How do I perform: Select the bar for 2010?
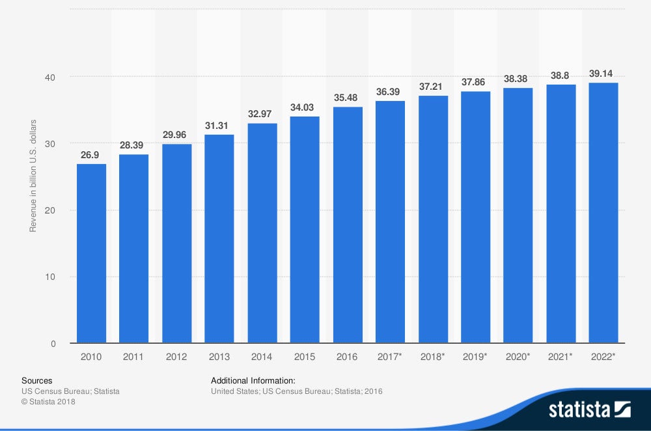tap(91, 253)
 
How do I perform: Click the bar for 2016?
tap(348, 225)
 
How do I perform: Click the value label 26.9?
tap(91, 156)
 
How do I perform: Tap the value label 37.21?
tap(433, 87)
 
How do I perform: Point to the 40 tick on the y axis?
tap(50, 77)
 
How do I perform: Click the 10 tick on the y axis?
tap(50, 277)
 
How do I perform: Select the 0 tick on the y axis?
tap(53, 343)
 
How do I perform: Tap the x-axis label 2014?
tap(262, 357)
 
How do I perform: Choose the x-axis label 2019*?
tap(475, 357)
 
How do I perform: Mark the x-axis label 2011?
tap(133, 357)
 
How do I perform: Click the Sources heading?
tap(36, 380)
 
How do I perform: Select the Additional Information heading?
tap(253, 380)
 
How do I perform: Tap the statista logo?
tap(589, 410)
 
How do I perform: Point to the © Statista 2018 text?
tap(48, 402)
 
